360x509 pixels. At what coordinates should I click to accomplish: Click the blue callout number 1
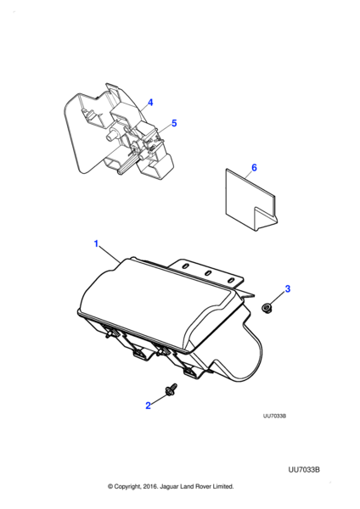[x=96, y=243]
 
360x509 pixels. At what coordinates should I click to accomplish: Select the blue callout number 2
[x=148, y=406]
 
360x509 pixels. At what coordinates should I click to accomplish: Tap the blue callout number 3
[x=288, y=288]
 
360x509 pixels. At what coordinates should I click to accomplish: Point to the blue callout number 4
[x=150, y=103]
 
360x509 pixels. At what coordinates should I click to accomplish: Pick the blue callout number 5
[x=174, y=123]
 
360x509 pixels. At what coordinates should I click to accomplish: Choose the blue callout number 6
[x=254, y=167]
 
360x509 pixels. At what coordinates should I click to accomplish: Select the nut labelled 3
[x=267, y=307]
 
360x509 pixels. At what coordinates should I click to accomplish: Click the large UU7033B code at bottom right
[x=304, y=470]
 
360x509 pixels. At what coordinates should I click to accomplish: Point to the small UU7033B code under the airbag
[x=274, y=417]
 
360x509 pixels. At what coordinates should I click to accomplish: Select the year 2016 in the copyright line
[x=151, y=486]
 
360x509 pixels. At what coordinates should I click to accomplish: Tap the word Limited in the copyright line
[x=223, y=486]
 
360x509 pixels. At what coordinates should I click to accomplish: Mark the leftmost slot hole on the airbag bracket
[x=186, y=266]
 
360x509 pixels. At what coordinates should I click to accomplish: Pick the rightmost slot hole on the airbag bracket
[x=231, y=280]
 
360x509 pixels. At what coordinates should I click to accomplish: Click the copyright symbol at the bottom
[x=110, y=486]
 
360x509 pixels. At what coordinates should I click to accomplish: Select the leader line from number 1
[x=110, y=255]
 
